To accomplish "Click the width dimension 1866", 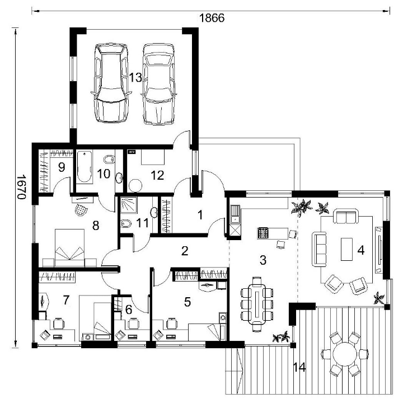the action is coord(212,18).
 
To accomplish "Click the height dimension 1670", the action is coord(22,187).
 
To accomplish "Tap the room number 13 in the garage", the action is coord(135,77).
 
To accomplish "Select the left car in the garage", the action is coord(110,83).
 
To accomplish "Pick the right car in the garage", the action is coord(158,84).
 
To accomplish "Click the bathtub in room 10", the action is coord(85,167).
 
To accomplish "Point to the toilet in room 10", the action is coord(109,160).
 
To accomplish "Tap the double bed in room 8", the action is coord(69,247).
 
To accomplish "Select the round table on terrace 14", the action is coord(345,354).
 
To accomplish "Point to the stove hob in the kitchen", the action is coord(263,233).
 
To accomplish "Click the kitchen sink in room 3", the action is coord(235,214).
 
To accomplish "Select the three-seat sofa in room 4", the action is coord(319,249).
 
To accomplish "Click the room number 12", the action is coord(157,175).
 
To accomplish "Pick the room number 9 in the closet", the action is coord(62,167).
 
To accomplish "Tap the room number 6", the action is coord(128,310).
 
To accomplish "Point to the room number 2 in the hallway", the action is coord(185,251).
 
